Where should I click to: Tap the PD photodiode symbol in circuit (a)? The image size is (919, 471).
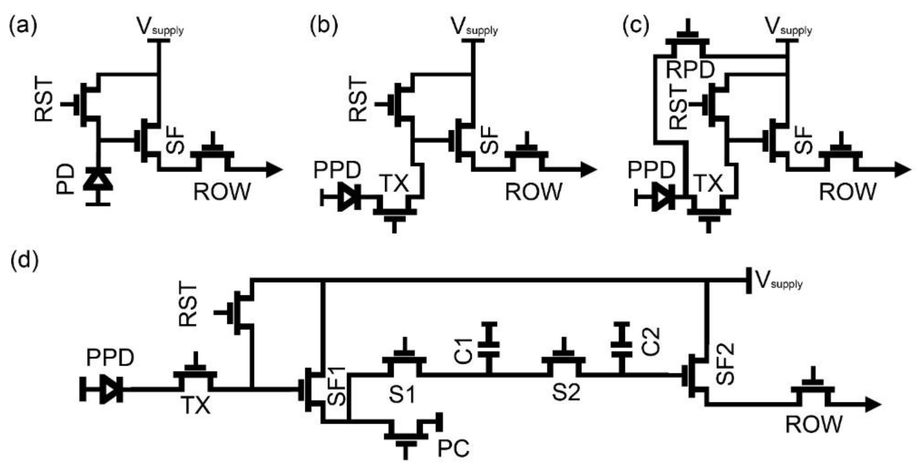tap(98, 183)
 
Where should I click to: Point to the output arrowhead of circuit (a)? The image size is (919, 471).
tap(274, 170)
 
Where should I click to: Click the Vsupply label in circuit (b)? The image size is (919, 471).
tap(474, 27)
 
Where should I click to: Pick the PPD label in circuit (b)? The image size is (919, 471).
tap(337, 170)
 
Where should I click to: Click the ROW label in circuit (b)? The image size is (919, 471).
tap(533, 192)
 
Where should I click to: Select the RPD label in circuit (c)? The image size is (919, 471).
tap(690, 70)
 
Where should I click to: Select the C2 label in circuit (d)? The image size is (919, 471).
tap(651, 342)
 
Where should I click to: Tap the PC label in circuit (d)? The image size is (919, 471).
tap(453, 448)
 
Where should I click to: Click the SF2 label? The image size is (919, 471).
tap(725, 364)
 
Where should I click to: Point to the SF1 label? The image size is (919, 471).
tap(336, 386)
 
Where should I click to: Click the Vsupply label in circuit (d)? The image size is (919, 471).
tap(779, 282)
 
